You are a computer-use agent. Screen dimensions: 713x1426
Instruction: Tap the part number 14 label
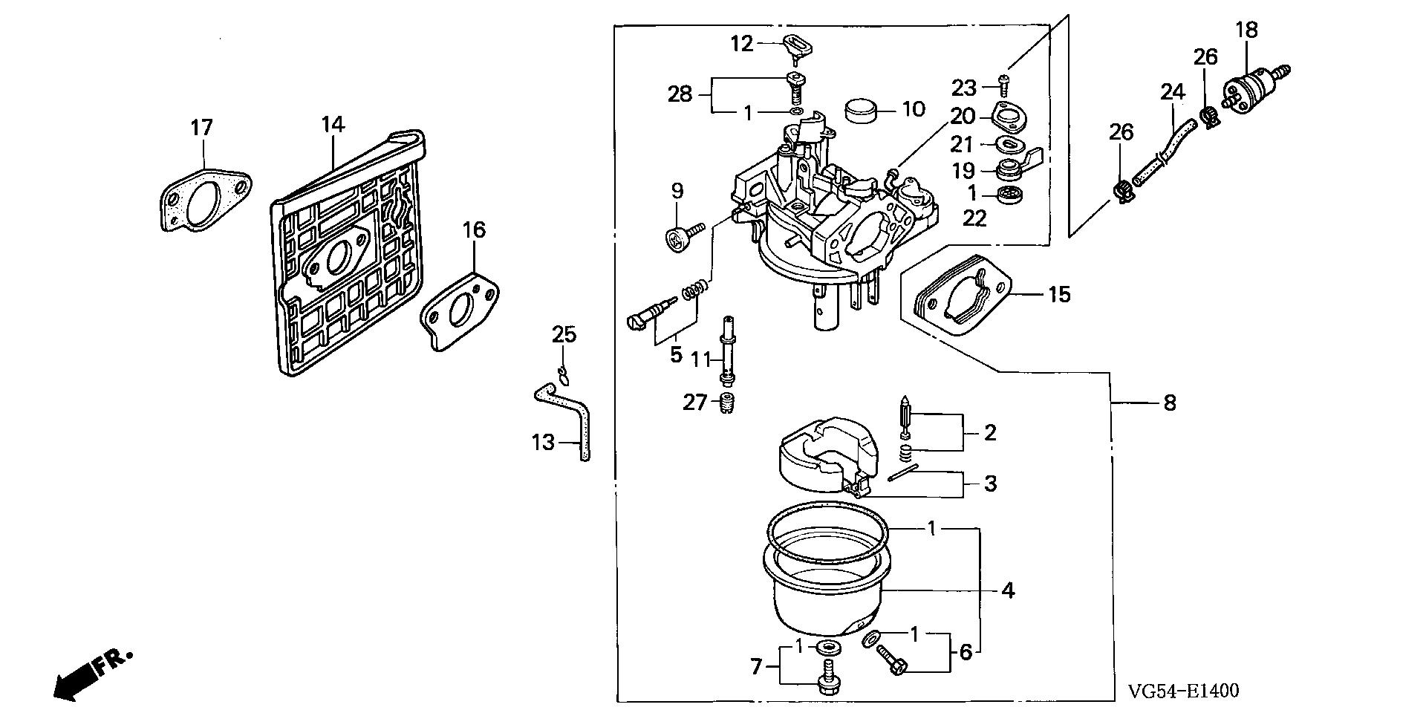(333, 124)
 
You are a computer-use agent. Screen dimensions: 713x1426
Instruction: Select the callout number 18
(1247, 30)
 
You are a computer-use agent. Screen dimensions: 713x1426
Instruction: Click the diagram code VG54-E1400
(1184, 691)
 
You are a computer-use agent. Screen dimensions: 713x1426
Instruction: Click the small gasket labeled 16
(460, 310)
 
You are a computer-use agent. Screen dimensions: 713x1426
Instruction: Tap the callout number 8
(1170, 403)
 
